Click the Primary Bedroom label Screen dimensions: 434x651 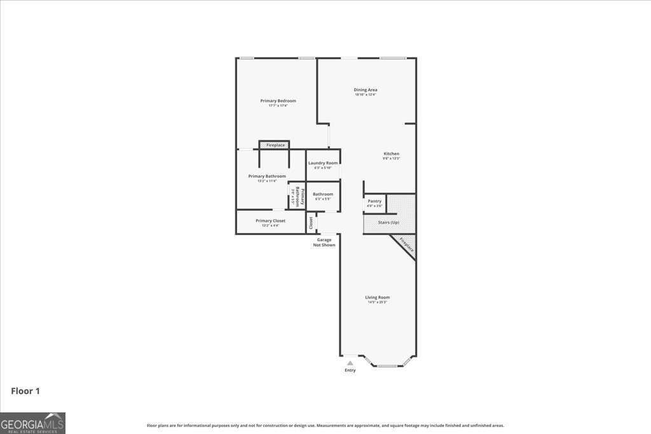pos(278,101)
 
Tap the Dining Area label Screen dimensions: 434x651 pos(366,90)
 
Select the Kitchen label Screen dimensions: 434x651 pos(391,154)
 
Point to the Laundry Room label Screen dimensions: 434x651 pos(323,163)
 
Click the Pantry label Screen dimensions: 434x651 pos(374,201)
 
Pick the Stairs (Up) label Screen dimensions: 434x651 pos(388,223)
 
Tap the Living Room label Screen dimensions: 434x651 pos(377,297)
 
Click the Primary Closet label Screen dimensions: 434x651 pos(270,221)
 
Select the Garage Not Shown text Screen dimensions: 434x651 pos(324,242)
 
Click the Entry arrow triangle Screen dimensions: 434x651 pos(350,363)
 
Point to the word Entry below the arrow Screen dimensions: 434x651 pos(350,370)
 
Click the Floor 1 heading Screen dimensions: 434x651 pos(25,391)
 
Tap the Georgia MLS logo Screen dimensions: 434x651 pos(32,423)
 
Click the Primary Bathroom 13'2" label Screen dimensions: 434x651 pos(267,177)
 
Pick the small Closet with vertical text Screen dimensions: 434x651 pos(311,223)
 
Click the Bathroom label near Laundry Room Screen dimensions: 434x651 pos(323,194)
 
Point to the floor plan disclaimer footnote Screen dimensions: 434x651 pos(325,426)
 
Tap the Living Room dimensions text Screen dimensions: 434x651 pos(377,302)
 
